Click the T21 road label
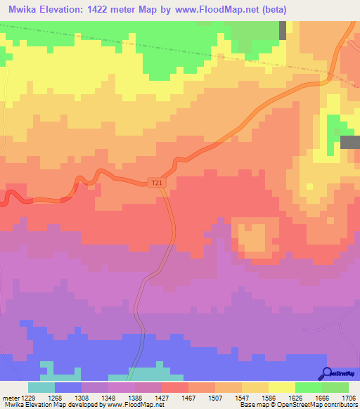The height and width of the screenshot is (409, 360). point(157,183)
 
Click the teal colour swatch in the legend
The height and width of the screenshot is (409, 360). point(41,387)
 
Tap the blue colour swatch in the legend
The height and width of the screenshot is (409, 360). point(67,387)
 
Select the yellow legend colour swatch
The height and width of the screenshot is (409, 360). point(281,387)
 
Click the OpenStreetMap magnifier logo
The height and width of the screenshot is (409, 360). point(326,373)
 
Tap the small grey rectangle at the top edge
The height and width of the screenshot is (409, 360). point(283,30)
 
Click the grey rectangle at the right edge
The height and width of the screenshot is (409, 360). point(350,142)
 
